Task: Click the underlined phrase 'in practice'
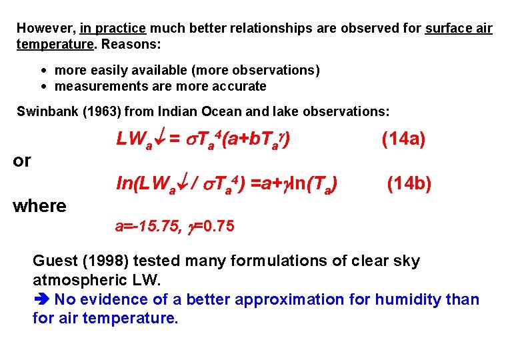tap(113, 29)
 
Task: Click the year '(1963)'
tap(101, 111)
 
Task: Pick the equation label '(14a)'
tap(403, 139)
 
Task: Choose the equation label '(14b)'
tap(409, 183)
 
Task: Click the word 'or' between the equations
tap(22, 161)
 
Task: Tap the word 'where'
tap(39, 206)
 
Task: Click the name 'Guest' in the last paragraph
tap(55, 261)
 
